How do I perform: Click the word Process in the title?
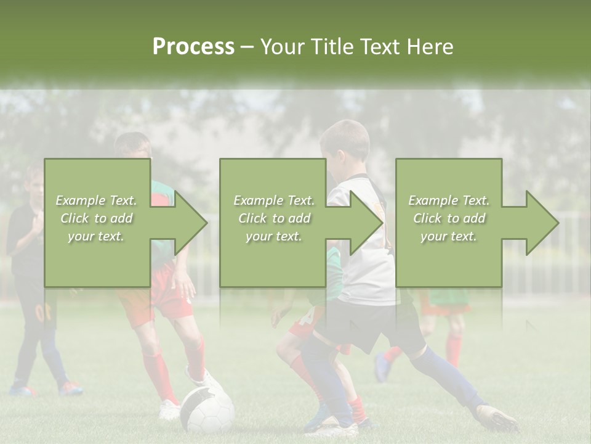193,46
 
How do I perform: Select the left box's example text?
97,218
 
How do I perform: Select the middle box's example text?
274,218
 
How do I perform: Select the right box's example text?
449,218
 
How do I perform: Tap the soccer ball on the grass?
207,409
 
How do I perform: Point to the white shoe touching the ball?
203,379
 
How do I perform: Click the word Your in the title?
282,46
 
